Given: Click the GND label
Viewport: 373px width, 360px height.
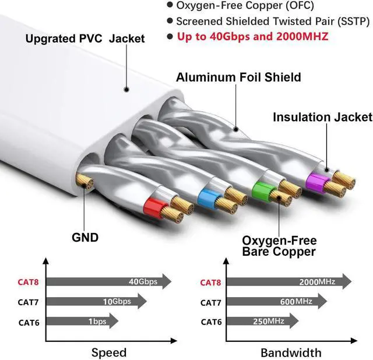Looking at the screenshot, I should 85,237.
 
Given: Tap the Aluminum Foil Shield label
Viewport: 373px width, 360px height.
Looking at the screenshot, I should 238,77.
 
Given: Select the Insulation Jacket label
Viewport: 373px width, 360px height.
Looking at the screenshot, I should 322,117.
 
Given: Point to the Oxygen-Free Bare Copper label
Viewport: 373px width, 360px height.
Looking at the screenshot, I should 279,246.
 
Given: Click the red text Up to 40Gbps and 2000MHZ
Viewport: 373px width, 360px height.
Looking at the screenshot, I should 252,37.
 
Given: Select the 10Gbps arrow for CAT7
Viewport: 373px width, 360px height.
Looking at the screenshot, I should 96,302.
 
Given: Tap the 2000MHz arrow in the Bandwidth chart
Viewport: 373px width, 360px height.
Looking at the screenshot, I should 288,282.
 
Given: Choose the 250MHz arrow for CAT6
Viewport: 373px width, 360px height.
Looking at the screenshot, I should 262,321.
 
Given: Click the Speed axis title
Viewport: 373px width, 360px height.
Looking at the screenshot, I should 109,352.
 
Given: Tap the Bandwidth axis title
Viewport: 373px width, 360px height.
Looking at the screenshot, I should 290,352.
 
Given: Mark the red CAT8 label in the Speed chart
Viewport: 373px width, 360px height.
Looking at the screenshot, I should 30,283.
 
